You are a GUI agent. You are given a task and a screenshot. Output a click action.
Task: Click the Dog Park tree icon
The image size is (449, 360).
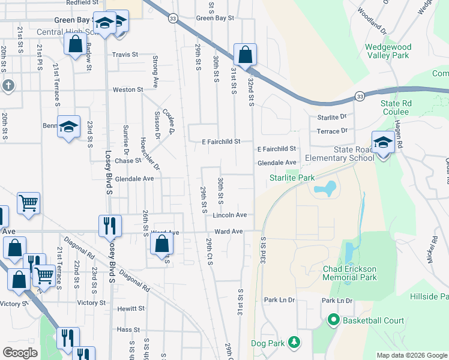(294, 341)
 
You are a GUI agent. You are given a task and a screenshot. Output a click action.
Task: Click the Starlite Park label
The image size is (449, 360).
(292, 178)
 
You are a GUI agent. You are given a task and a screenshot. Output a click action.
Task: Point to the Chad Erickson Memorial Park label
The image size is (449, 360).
(358, 273)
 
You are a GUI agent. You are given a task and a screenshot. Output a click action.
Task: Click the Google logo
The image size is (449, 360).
(20, 352)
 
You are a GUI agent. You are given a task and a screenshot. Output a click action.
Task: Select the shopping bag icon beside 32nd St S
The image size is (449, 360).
(245, 55)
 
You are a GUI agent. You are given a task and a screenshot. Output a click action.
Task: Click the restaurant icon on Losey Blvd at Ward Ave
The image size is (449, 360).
(109, 226)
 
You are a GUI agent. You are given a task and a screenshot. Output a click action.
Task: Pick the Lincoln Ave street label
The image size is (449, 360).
(230, 215)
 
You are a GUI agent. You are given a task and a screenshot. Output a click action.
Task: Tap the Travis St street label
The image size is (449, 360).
(125, 55)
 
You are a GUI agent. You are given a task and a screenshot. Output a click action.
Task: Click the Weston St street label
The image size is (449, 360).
(128, 89)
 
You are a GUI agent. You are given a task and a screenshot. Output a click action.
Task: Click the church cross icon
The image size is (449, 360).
(7, 85)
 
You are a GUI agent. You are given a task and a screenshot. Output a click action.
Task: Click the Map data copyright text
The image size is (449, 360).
(411, 355)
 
